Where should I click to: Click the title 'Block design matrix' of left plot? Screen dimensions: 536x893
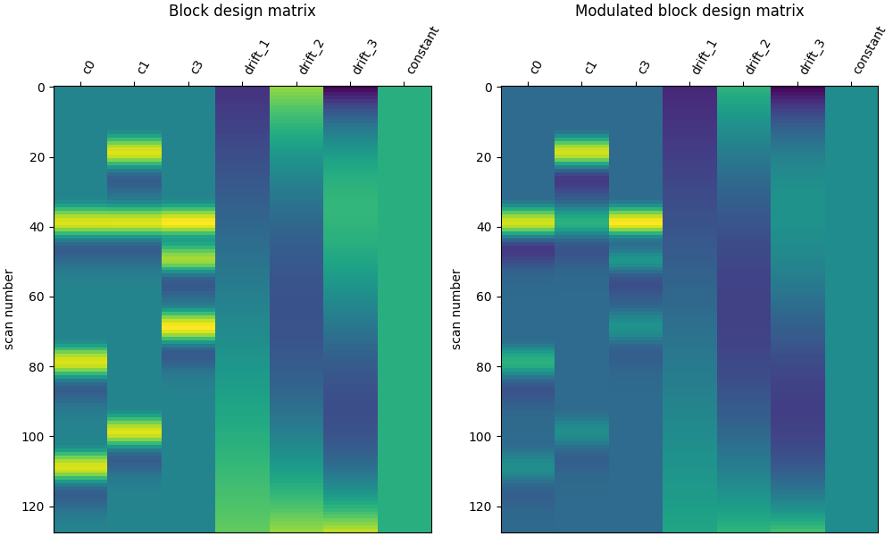click(x=242, y=12)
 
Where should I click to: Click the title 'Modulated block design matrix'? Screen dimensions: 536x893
click(x=689, y=12)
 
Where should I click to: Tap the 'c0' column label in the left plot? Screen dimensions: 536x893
click(x=88, y=66)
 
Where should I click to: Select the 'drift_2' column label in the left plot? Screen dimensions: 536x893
click(x=311, y=56)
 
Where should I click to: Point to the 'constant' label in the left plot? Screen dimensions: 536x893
click(x=422, y=50)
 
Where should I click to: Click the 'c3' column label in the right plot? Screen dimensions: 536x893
click(x=643, y=66)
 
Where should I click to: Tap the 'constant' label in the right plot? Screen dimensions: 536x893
click(x=869, y=50)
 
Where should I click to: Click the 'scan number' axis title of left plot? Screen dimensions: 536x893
click(x=9, y=309)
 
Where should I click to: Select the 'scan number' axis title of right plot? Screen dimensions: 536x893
click(x=455, y=309)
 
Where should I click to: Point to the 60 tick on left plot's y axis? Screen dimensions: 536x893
click(x=36, y=297)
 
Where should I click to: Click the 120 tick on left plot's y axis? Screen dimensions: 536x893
click(x=32, y=507)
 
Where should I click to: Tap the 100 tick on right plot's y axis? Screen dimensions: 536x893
click(x=480, y=437)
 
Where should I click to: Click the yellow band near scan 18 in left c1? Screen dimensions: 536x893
click(x=134, y=152)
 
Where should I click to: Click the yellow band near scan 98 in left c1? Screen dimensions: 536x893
click(x=134, y=431)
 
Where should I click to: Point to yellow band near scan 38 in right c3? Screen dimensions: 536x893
click(x=636, y=221)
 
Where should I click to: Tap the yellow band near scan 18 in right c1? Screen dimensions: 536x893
click(x=581, y=152)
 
